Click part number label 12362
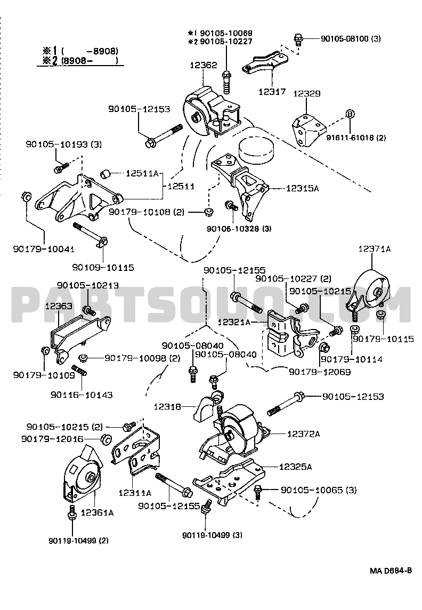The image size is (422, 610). pyautogui.click(x=203, y=65)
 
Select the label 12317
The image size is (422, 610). pyautogui.click(x=272, y=92)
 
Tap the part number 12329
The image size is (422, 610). pyautogui.click(x=307, y=94)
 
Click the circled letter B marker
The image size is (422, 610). pyautogui.click(x=350, y=114)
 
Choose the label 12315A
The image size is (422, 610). pyautogui.click(x=302, y=188)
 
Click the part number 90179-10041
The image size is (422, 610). pyautogui.click(x=44, y=248)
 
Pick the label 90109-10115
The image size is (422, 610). pyautogui.click(x=103, y=267)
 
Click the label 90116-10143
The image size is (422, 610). pyautogui.click(x=82, y=395)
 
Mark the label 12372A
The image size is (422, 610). pyautogui.click(x=304, y=434)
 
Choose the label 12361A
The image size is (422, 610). pyautogui.click(x=97, y=513)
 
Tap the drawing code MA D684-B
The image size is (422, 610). pyautogui.click(x=391, y=571)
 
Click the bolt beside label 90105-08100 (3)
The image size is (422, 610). pyautogui.click(x=299, y=39)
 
